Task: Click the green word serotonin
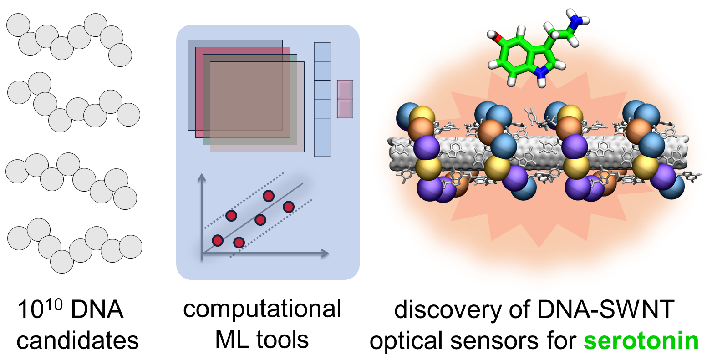(x=641, y=340)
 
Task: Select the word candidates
(x=77, y=341)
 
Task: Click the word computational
(x=262, y=309)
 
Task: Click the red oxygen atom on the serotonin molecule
(x=499, y=40)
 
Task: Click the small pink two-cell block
(x=345, y=99)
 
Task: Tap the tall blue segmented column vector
(x=322, y=99)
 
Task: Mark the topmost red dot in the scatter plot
(x=269, y=196)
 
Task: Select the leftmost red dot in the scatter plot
(x=218, y=240)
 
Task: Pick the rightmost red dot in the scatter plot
(x=288, y=207)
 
